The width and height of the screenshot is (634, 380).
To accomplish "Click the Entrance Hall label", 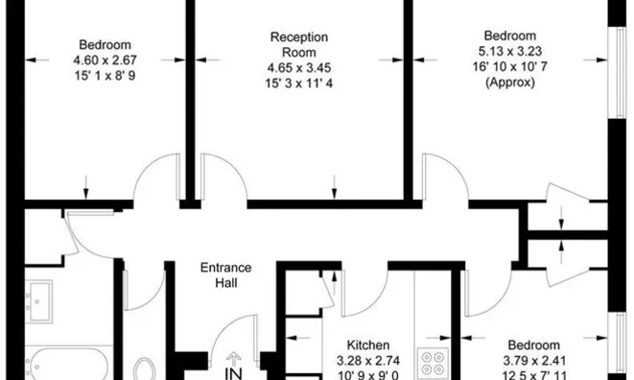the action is [x=226, y=275].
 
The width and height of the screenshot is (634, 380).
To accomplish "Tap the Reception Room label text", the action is [x=299, y=44].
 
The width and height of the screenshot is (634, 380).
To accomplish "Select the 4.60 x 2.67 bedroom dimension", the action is [x=106, y=59].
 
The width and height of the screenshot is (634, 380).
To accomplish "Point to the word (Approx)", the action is [x=510, y=83].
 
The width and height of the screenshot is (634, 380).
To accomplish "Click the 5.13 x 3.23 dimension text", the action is [x=510, y=51].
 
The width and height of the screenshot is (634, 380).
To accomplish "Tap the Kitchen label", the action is [x=368, y=344].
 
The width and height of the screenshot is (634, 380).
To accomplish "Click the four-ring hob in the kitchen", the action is [x=433, y=363].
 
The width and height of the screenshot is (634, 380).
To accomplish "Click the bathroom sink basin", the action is [x=38, y=300].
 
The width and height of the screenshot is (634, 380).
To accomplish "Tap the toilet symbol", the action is [x=145, y=369].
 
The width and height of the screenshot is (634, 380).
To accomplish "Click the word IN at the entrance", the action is [x=233, y=373].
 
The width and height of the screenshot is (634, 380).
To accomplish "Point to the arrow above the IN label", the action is [x=233, y=359].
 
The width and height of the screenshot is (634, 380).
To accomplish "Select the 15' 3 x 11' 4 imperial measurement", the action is [x=299, y=83].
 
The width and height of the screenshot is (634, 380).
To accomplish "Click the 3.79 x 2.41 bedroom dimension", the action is [x=534, y=360].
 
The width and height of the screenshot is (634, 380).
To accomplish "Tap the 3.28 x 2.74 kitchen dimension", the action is [x=368, y=360].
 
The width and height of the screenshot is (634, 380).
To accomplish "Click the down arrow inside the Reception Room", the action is [x=334, y=186].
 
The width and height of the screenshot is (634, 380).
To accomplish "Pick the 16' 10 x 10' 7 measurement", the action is [x=510, y=66].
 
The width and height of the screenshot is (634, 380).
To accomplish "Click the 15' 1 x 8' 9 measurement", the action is [x=106, y=75].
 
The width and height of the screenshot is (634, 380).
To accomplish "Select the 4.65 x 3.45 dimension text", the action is [x=299, y=67].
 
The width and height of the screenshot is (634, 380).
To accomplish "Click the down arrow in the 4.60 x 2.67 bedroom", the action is [x=85, y=187].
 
